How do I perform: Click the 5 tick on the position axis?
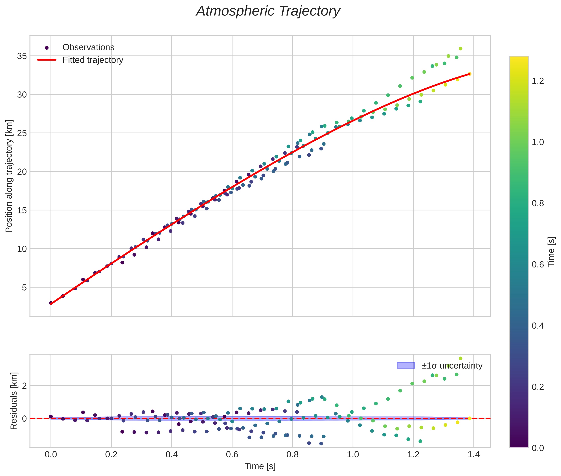[25, 287]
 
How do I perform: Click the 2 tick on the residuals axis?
[25, 386]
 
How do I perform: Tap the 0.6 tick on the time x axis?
[232, 455]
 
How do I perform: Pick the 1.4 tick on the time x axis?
[474, 455]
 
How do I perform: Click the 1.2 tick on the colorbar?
[538, 81]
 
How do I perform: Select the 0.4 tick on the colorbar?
[538, 326]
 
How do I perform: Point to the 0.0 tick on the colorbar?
[538, 448]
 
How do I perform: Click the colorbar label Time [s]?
[551, 252]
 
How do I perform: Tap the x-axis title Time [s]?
[260, 466]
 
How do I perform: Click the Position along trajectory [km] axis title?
[9, 176]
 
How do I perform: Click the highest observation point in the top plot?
[460, 49]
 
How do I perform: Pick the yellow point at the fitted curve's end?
[469, 74]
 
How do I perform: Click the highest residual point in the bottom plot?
[460, 359]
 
